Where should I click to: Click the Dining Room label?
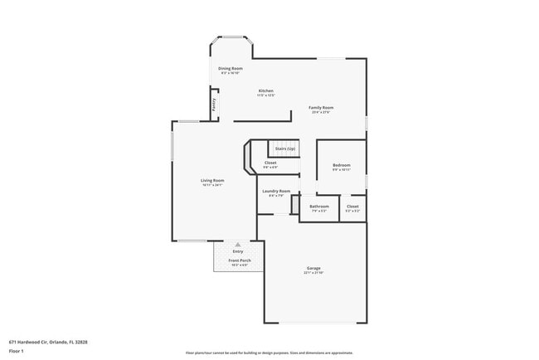231,68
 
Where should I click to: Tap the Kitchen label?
265,90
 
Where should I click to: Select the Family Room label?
321,107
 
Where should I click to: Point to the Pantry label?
213,105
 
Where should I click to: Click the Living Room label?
212,180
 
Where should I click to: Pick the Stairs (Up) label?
285,148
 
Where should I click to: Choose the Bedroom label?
342,165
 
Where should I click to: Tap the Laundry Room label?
276,191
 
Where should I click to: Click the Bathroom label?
319,206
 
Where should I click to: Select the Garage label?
313,268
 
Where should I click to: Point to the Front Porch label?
240,260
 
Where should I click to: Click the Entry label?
238,251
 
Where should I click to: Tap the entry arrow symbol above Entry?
238,245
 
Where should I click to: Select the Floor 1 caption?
17,352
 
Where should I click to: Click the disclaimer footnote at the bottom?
269,352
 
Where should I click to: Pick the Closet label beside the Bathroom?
352,206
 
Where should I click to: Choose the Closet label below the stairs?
270,163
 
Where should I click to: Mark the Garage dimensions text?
313,273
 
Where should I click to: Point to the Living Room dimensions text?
212,185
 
